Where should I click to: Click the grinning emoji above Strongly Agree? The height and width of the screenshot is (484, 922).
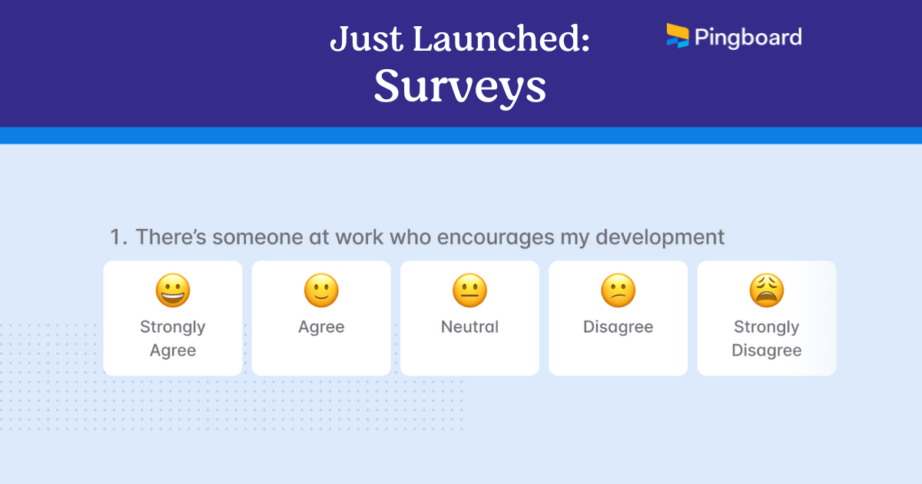click(173, 291)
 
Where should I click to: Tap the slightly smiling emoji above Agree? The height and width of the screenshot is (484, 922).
click(321, 291)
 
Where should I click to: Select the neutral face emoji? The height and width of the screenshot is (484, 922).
click(469, 291)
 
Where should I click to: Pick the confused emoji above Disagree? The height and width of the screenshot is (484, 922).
click(618, 291)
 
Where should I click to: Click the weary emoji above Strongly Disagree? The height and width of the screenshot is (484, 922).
click(766, 291)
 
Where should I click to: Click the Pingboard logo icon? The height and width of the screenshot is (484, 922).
click(677, 35)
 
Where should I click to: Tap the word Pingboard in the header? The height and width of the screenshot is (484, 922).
click(748, 37)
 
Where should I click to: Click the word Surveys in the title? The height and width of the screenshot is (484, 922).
click(459, 86)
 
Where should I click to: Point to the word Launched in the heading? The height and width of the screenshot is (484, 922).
click(502, 39)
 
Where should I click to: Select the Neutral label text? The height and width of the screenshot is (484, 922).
click(469, 327)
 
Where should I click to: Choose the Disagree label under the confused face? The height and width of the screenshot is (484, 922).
click(618, 327)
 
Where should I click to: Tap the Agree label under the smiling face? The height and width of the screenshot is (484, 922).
click(321, 327)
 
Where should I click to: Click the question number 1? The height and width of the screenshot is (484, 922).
click(117, 237)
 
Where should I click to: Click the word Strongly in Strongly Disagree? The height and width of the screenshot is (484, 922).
click(766, 327)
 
